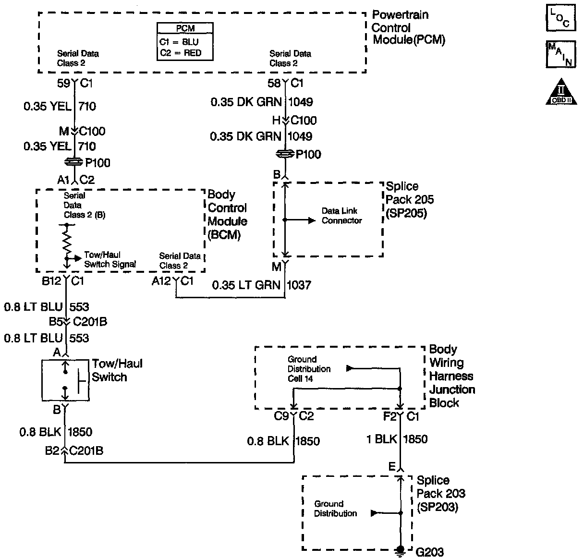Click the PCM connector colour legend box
pos(185,42)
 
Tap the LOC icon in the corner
pos(560,18)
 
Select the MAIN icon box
pos(560,54)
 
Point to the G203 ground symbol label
pos(429,552)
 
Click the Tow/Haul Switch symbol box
pos(65,379)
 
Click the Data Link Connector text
pos(341,216)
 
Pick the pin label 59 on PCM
pos(63,83)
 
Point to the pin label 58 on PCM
pos(274,83)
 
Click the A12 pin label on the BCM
pos(161,281)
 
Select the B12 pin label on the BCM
pos(51,281)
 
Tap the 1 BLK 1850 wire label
pos(397,439)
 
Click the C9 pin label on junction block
pos(281,416)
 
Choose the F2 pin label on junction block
pos(389,416)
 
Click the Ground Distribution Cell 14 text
pos(309,369)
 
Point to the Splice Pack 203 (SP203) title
pos(440,493)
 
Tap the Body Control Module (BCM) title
pos(227,215)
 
